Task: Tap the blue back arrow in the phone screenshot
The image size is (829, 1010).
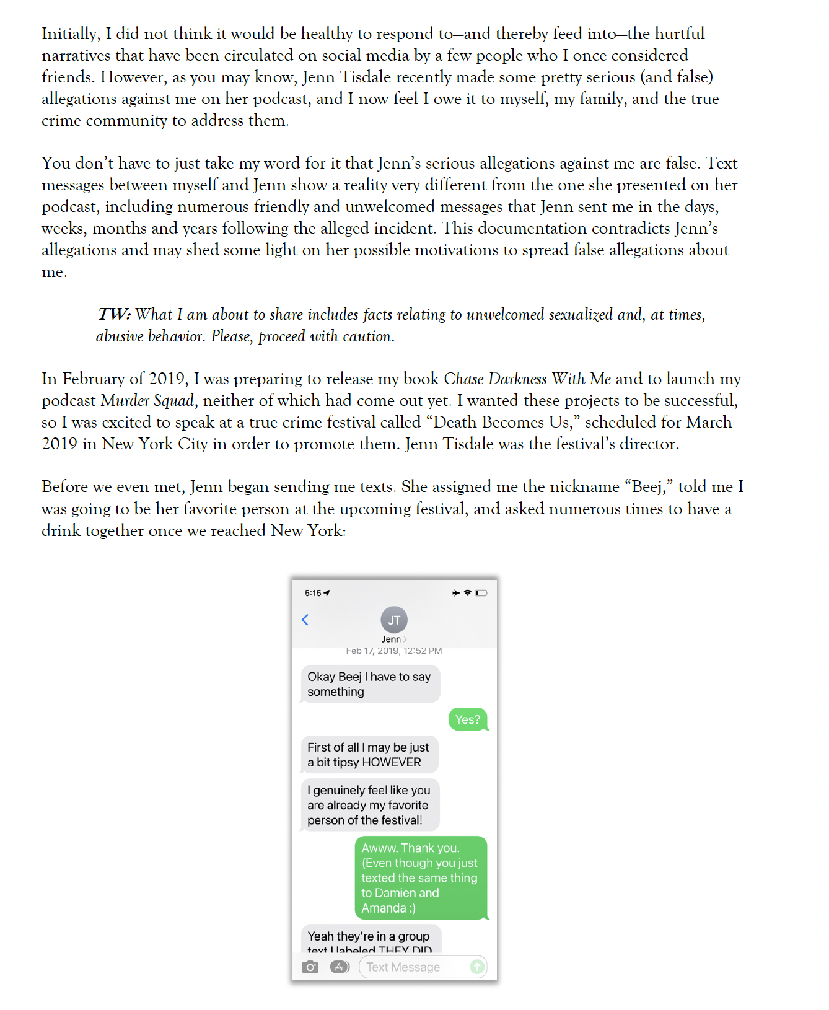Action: coord(305,620)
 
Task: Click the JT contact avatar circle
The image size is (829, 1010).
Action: coord(394,620)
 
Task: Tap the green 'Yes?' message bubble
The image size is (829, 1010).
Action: coord(468,719)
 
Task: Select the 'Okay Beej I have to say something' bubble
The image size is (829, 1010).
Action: coord(370,684)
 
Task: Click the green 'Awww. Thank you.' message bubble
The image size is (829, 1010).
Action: coord(421,877)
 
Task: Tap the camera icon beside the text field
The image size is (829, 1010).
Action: coord(310,967)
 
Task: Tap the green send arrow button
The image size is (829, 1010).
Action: coord(476,967)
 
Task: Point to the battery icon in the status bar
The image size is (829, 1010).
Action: coord(481,593)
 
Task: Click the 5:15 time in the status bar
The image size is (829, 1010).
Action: coord(313,593)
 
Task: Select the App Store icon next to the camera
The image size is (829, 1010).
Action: coord(340,967)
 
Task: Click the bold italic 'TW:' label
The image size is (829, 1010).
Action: coord(115,315)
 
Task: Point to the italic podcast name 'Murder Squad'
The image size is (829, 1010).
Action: coord(147,400)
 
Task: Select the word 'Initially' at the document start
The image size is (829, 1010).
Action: coord(70,33)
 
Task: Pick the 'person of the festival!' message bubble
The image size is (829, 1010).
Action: coord(370,805)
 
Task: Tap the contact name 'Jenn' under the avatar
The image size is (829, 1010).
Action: coord(391,639)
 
